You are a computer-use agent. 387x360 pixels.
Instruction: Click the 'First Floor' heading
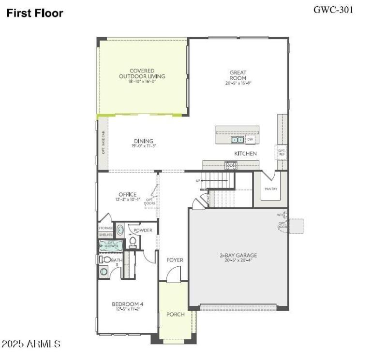35,14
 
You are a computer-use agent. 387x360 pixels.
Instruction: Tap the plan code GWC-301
333,9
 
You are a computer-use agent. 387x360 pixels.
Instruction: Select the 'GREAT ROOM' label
238,75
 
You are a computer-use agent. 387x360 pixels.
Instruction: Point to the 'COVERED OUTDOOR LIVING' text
142,73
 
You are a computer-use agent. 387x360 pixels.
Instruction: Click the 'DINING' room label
144,141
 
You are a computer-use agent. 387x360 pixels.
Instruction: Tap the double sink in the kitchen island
237,140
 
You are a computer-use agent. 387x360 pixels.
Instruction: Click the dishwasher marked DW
250,140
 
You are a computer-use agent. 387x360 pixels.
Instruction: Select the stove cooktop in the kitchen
231,165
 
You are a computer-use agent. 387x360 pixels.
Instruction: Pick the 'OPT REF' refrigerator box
282,152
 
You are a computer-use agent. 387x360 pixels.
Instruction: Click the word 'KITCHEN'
245,154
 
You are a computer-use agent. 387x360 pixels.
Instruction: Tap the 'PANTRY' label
271,189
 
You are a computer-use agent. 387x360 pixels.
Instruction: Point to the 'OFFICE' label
128,195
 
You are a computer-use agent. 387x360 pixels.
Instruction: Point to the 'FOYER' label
175,260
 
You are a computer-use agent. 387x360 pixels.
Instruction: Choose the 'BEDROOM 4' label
128,304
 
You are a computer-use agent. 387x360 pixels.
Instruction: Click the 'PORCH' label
176,315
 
